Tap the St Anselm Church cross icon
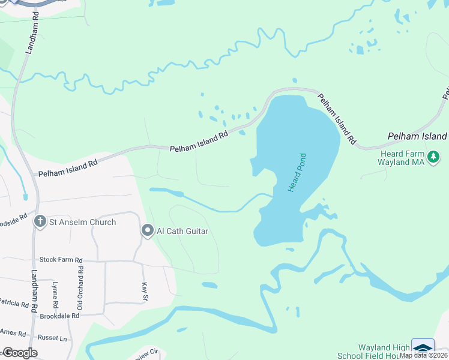coord(40,222)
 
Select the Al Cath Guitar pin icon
coord(148,230)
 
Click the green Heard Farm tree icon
coord(434,157)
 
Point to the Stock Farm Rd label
coord(61,260)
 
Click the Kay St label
coord(144,291)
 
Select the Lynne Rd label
coord(55,293)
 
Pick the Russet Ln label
coord(52,338)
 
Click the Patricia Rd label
coord(13,304)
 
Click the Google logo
coord(19,353)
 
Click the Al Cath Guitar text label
coord(182,230)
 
